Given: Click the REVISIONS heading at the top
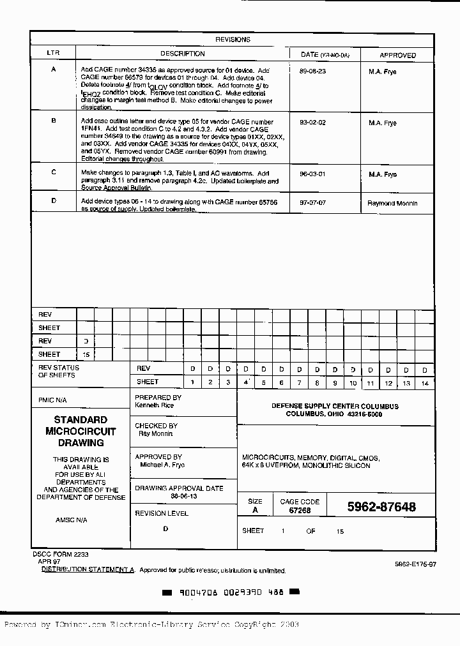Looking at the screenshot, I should tap(233, 40).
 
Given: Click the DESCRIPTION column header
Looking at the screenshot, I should tap(182, 54).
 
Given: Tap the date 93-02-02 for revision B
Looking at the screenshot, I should tap(312, 123).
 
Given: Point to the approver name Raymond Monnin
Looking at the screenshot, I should tap(392, 204).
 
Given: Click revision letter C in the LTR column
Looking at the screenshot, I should tap(54, 172).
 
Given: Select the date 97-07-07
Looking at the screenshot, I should tap(312, 202).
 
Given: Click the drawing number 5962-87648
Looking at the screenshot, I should tap(381, 507).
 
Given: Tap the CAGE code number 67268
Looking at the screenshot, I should tap(300, 511).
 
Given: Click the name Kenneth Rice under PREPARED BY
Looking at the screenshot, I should tap(155, 405).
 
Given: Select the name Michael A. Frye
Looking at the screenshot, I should tap(162, 465).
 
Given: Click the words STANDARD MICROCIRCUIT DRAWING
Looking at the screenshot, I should tap(80, 431).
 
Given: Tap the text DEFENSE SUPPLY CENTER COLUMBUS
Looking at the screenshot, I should tap(335, 406).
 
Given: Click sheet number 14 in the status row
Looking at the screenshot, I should tap(424, 382).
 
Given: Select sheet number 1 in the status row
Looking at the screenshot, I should tap(192, 382).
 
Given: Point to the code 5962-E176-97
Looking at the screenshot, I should tap(415, 564).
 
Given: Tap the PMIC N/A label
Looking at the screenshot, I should tap(52, 400).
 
